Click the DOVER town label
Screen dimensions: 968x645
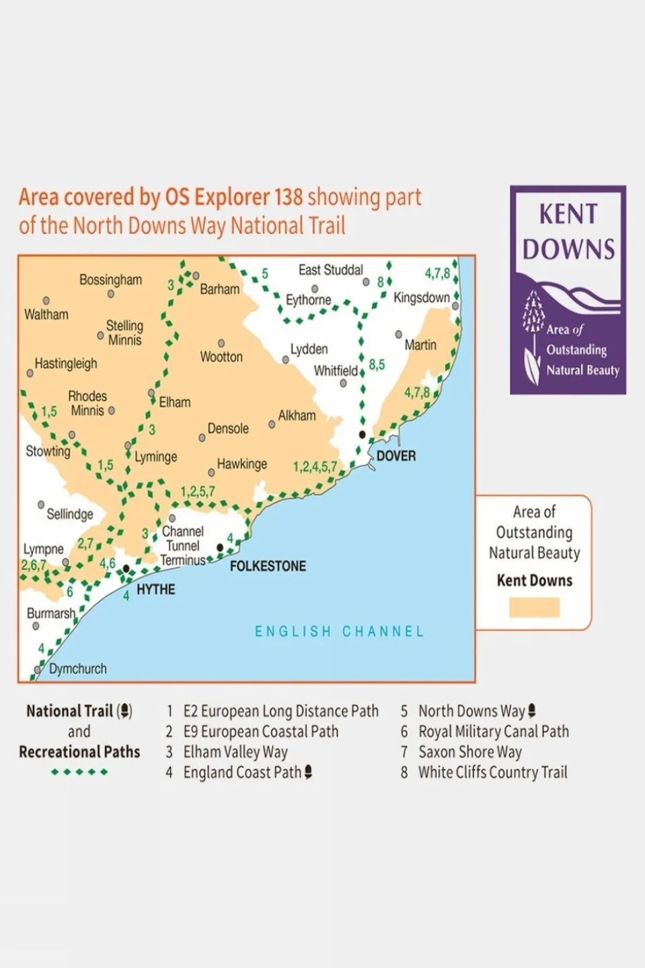(x=395, y=456)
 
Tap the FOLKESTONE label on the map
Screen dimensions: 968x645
(x=268, y=566)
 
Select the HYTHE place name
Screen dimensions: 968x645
(x=155, y=590)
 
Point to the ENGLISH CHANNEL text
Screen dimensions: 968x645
(x=339, y=632)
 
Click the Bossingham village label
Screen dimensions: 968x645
(x=110, y=280)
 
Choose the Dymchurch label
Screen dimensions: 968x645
(x=77, y=669)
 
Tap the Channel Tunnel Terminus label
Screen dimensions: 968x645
(x=182, y=546)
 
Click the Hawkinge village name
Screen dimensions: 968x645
(x=241, y=464)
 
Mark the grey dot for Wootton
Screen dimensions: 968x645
(x=221, y=343)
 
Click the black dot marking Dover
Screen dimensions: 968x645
(x=363, y=435)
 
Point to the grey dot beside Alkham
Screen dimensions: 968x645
(x=272, y=424)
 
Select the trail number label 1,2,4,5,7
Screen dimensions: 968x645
(x=315, y=467)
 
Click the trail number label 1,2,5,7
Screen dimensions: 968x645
(x=198, y=492)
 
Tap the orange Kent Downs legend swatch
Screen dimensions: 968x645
(x=534, y=607)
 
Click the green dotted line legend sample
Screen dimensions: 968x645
(x=79, y=772)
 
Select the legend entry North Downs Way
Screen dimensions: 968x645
(x=471, y=711)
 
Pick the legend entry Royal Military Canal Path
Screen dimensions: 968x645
(x=493, y=732)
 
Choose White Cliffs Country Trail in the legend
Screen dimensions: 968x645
(x=492, y=773)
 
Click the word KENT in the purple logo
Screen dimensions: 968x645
(x=568, y=214)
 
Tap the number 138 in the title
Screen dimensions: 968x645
(x=288, y=197)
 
